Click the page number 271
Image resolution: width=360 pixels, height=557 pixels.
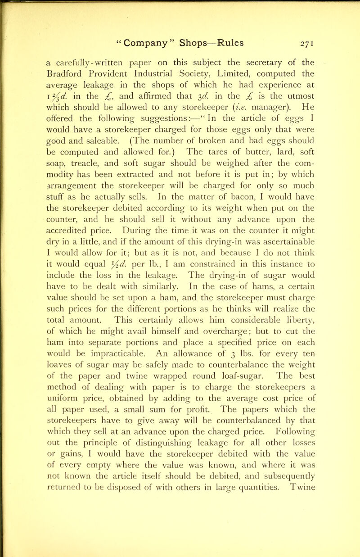point(323,43)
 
